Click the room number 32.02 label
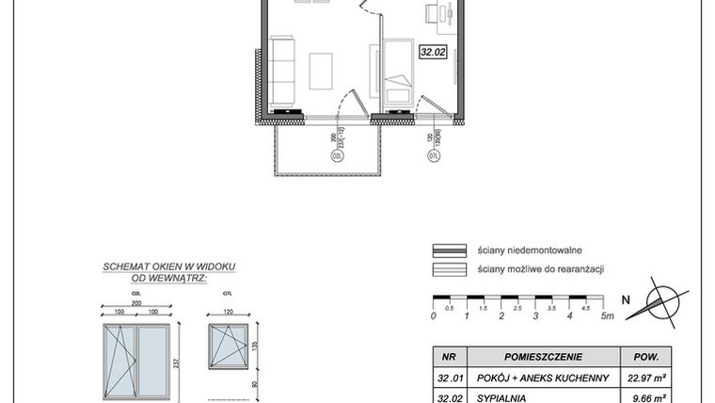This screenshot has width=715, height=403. pyautogui.click(x=433, y=54)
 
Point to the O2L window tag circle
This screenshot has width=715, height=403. pyautogui.click(x=336, y=156)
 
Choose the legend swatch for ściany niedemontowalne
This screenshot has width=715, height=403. pyautogui.click(x=450, y=250)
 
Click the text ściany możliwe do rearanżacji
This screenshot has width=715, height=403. pyautogui.click(x=540, y=269)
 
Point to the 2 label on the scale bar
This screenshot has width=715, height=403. pyautogui.click(x=501, y=315)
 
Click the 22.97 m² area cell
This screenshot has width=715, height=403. pyautogui.click(x=648, y=379)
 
